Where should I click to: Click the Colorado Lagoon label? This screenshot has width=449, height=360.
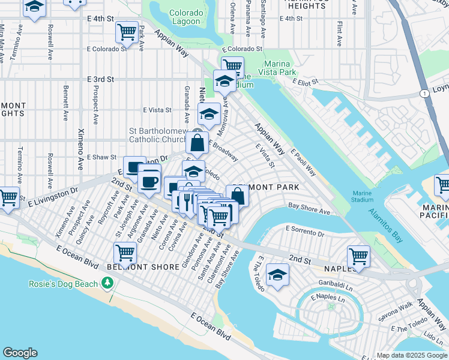pos(185,16)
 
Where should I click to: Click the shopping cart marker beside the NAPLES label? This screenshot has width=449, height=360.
pos(358,256)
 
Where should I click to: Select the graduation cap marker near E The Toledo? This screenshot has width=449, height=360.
pos(277,275)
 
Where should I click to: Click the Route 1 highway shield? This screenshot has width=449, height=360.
pos(424,93)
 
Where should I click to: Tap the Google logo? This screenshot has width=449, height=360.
pos(20,353)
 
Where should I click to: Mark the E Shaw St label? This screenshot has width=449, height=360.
pos(101,157)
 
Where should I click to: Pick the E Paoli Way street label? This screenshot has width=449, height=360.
pos(304,163)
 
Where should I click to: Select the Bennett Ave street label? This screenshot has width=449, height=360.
pos(65,100)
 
